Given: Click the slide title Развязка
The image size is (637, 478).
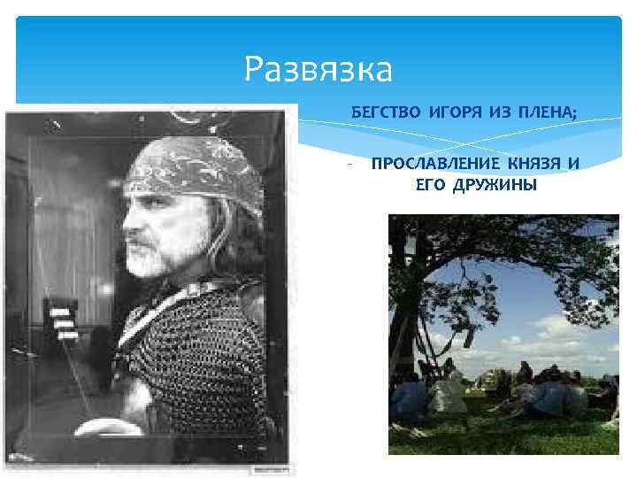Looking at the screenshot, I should coord(318,67).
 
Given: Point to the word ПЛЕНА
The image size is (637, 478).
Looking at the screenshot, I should coord(548,113).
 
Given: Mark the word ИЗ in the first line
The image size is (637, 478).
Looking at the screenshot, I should coord(499,113).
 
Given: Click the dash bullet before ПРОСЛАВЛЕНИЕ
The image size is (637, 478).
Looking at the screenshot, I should coord(350,165).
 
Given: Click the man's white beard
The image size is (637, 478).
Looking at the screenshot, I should coord(150,257).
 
